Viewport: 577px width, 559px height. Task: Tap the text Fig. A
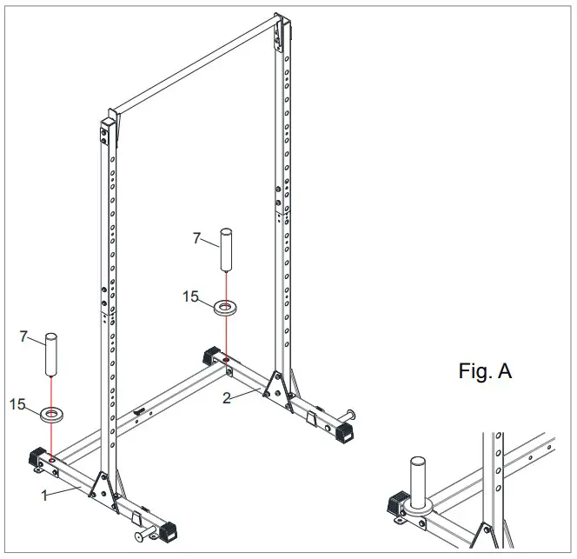click(485, 372)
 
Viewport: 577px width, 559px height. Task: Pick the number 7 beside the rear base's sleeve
click(196, 237)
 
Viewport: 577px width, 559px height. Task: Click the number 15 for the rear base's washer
click(191, 297)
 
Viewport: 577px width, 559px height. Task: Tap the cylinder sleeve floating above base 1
click(51, 353)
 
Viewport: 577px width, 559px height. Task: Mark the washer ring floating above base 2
click(225, 305)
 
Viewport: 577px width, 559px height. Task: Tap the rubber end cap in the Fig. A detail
click(398, 503)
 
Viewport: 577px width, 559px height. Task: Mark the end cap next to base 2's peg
click(342, 430)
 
